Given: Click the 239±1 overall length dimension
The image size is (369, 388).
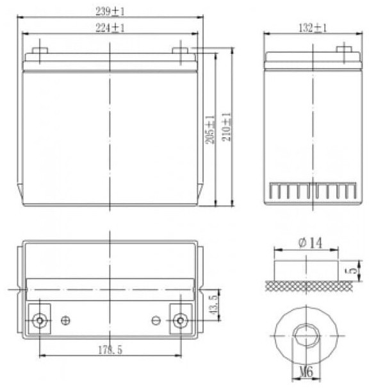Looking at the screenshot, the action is (x=110, y=12).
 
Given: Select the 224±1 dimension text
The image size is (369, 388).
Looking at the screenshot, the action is (x=110, y=28).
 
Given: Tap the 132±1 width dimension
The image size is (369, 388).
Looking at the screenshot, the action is (x=313, y=28).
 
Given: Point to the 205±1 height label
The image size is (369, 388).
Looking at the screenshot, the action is (x=210, y=129).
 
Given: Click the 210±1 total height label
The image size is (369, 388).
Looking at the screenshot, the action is (x=226, y=127).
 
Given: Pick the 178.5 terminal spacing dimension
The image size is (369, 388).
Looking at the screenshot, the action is (x=110, y=350).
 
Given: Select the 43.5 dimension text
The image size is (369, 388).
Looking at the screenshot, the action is (x=213, y=305).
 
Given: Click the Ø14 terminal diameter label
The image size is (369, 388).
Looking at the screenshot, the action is (x=310, y=243).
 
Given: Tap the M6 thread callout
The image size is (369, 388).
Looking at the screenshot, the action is (x=306, y=372).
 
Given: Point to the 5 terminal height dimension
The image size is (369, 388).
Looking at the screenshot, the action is (x=354, y=270).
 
